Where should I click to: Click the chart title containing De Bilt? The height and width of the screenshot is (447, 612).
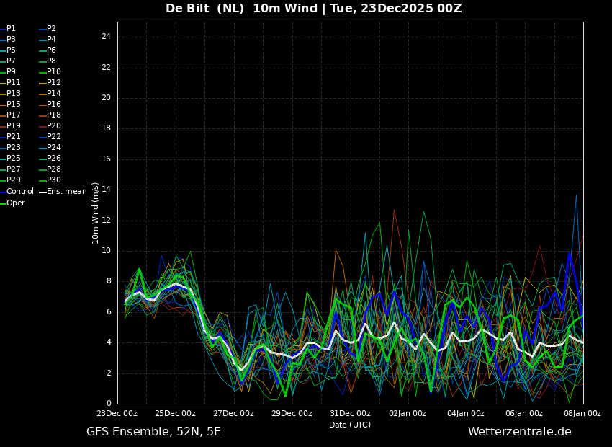(x=313, y=9)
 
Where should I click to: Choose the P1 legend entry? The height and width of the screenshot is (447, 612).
(x=11, y=29)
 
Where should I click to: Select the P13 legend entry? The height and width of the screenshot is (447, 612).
(x=14, y=94)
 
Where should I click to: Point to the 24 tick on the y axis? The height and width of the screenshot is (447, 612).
(x=106, y=37)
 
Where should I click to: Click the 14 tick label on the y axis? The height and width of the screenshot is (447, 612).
(x=106, y=190)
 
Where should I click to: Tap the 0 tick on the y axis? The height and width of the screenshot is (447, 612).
(x=109, y=404)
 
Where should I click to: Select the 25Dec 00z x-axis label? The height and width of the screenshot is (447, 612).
(x=175, y=414)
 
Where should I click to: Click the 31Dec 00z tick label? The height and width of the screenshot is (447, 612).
(x=350, y=414)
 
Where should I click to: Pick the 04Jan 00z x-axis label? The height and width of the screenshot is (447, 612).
(x=466, y=414)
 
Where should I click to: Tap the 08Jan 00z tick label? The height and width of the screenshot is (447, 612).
(x=582, y=414)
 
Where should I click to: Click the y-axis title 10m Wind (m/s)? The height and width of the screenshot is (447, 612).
(x=96, y=213)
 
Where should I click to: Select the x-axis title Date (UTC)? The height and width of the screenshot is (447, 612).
(x=350, y=425)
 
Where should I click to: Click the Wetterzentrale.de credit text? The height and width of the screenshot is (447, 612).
(x=519, y=432)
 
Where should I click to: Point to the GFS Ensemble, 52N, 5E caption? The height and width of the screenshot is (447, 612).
(x=153, y=432)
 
